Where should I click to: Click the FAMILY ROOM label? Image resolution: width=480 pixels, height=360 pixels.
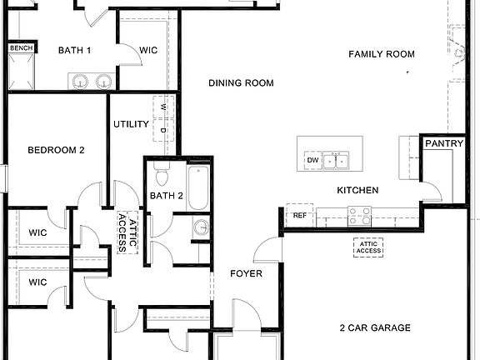(x=381, y=54)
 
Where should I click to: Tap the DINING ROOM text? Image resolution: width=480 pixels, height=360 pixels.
(x=241, y=83)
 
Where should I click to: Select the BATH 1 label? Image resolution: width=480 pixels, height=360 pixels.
(x=74, y=51)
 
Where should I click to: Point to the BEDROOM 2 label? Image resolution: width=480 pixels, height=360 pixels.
(x=56, y=150)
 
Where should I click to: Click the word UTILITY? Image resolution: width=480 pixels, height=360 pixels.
(x=131, y=125)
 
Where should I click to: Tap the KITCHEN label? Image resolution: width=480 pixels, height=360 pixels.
(x=357, y=191)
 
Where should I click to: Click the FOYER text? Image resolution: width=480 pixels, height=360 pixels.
(x=247, y=273)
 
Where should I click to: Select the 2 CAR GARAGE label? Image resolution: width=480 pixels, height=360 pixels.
(x=375, y=328)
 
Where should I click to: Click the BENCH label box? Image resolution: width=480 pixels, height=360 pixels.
(x=21, y=48)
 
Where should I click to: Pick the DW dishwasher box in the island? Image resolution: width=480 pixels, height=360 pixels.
(x=312, y=160)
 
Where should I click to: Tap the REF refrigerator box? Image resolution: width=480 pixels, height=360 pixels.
(x=299, y=216)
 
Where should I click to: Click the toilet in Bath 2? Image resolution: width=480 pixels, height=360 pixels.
(x=162, y=177)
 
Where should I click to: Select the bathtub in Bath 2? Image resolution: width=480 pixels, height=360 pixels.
(x=197, y=188)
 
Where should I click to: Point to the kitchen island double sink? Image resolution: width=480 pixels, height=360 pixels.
(x=337, y=159)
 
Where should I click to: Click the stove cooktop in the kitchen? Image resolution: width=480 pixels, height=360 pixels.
(x=359, y=217)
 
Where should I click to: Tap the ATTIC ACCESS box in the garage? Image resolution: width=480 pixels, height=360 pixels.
(x=369, y=247)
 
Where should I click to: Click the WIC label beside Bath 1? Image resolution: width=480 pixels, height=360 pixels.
(x=148, y=51)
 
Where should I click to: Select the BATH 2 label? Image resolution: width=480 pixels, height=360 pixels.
(x=167, y=197)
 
